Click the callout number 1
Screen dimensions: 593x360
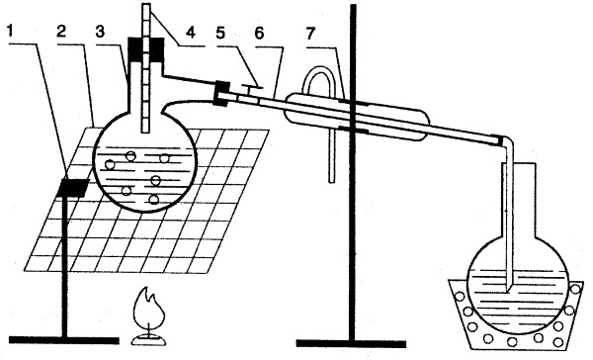11,31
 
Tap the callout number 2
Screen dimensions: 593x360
60,32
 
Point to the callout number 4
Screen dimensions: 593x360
191,33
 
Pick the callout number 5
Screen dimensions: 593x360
220,33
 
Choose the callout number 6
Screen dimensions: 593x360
259,34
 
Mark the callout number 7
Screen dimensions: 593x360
310,34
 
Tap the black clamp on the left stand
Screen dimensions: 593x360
72,188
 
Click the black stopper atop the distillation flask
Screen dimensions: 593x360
146,49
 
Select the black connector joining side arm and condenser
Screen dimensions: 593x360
220,93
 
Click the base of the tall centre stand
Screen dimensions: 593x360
351,343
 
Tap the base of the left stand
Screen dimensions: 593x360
63,340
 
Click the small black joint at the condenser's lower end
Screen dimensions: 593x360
501,139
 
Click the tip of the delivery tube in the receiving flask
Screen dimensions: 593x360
508,291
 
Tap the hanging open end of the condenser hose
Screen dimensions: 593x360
332,181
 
